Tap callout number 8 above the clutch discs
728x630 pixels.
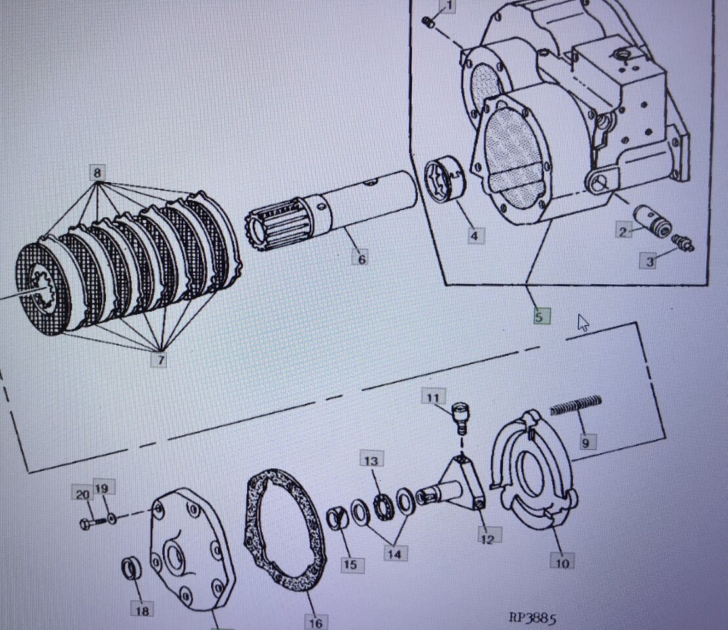coord(97,173)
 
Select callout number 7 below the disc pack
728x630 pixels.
coord(160,360)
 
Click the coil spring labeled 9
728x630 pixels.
coord(576,406)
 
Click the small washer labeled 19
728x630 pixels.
coord(112,518)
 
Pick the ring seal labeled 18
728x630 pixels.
coord(131,568)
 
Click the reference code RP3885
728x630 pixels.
coord(532,618)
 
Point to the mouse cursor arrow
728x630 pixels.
coord(582,322)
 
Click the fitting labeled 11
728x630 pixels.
coord(460,417)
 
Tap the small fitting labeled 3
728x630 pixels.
coord(683,242)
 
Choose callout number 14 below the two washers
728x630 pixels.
coord(395,553)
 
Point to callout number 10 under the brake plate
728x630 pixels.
coord(563,562)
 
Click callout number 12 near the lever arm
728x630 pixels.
coord(488,539)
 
